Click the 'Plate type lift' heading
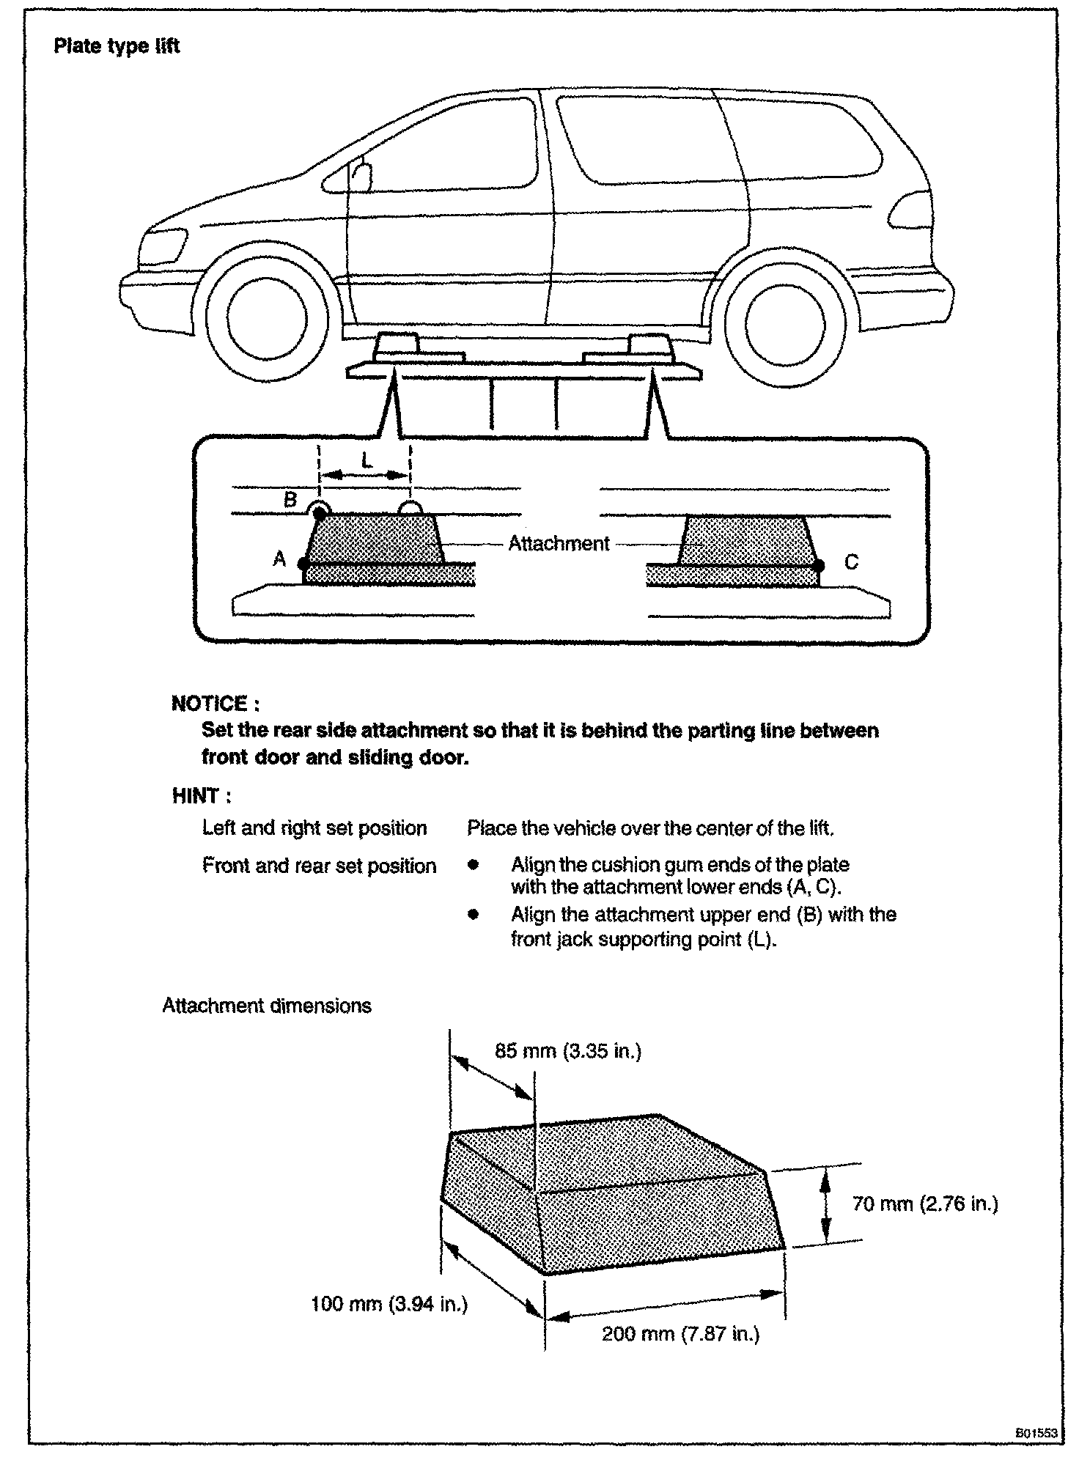117,46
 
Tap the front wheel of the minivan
265,317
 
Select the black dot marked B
320,514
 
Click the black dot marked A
303,564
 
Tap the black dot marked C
819,565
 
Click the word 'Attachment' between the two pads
559,544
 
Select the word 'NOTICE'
210,704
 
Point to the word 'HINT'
196,796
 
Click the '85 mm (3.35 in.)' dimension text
568,1051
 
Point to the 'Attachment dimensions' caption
267,1006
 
